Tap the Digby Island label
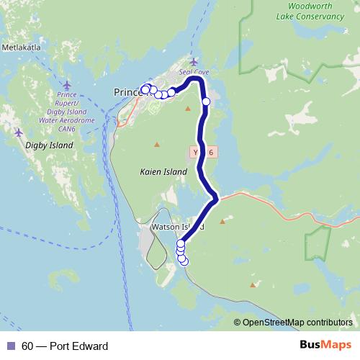click(x=50, y=145)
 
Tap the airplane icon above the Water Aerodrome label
click(x=67, y=84)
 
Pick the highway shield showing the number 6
click(x=211, y=153)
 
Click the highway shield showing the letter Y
click(x=196, y=153)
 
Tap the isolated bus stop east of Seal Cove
click(x=206, y=102)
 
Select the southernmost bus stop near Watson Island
click(x=184, y=261)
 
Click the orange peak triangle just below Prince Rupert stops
click(x=188, y=109)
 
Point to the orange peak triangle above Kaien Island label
click(x=157, y=145)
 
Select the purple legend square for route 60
click(x=10, y=346)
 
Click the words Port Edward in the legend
click(x=79, y=346)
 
